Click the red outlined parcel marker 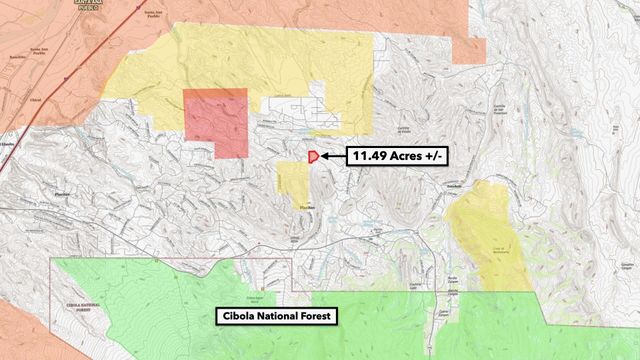[x=313, y=156]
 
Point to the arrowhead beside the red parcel [x=325, y=156]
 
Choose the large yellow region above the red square [x=250, y=60]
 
